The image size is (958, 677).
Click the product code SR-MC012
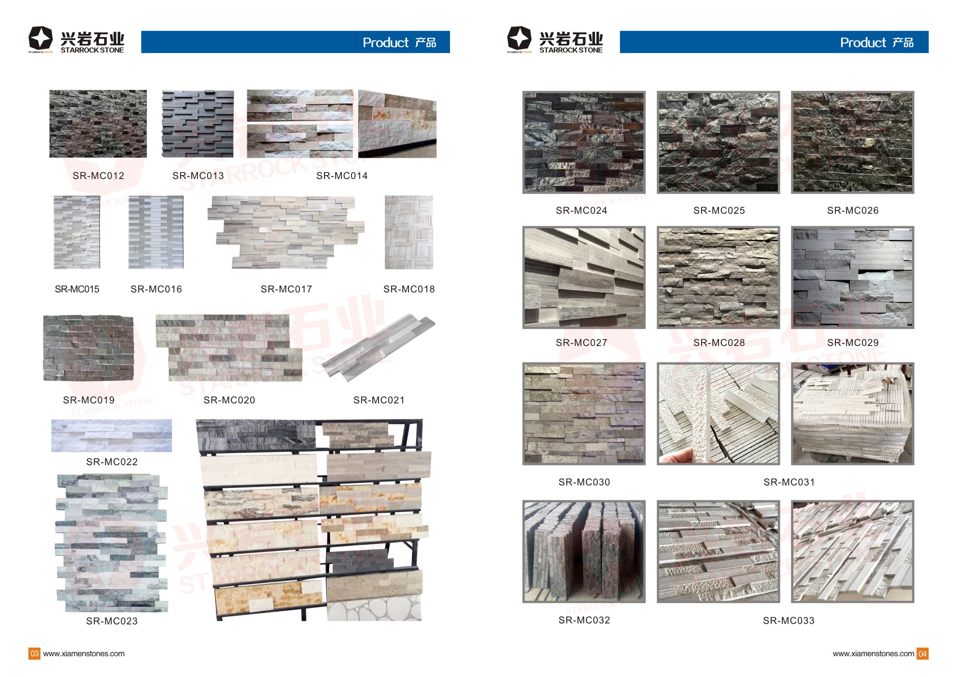click(x=99, y=176)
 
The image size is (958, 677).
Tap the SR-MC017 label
click(x=286, y=289)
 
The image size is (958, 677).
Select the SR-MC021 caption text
click(x=379, y=400)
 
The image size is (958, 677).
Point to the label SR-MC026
click(x=853, y=210)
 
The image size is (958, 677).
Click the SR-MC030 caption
click(x=584, y=482)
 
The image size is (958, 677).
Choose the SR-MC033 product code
click(x=789, y=621)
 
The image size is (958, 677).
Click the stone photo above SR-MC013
click(x=198, y=124)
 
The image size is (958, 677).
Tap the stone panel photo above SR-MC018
click(x=409, y=232)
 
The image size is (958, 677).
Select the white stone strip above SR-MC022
click(x=112, y=436)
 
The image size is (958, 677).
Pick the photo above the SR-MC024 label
click(x=584, y=142)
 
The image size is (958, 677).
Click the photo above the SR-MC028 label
click(x=718, y=277)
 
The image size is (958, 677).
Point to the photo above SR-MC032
click(x=584, y=551)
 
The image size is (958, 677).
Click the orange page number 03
click(x=34, y=654)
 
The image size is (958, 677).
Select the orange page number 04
click(x=922, y=654)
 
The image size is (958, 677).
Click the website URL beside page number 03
click(x=84, y=654)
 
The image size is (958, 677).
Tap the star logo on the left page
click(x=40, y=38)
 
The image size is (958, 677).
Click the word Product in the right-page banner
click(x=863, y=42)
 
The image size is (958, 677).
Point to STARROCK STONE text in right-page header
click(x=571, y=50)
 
